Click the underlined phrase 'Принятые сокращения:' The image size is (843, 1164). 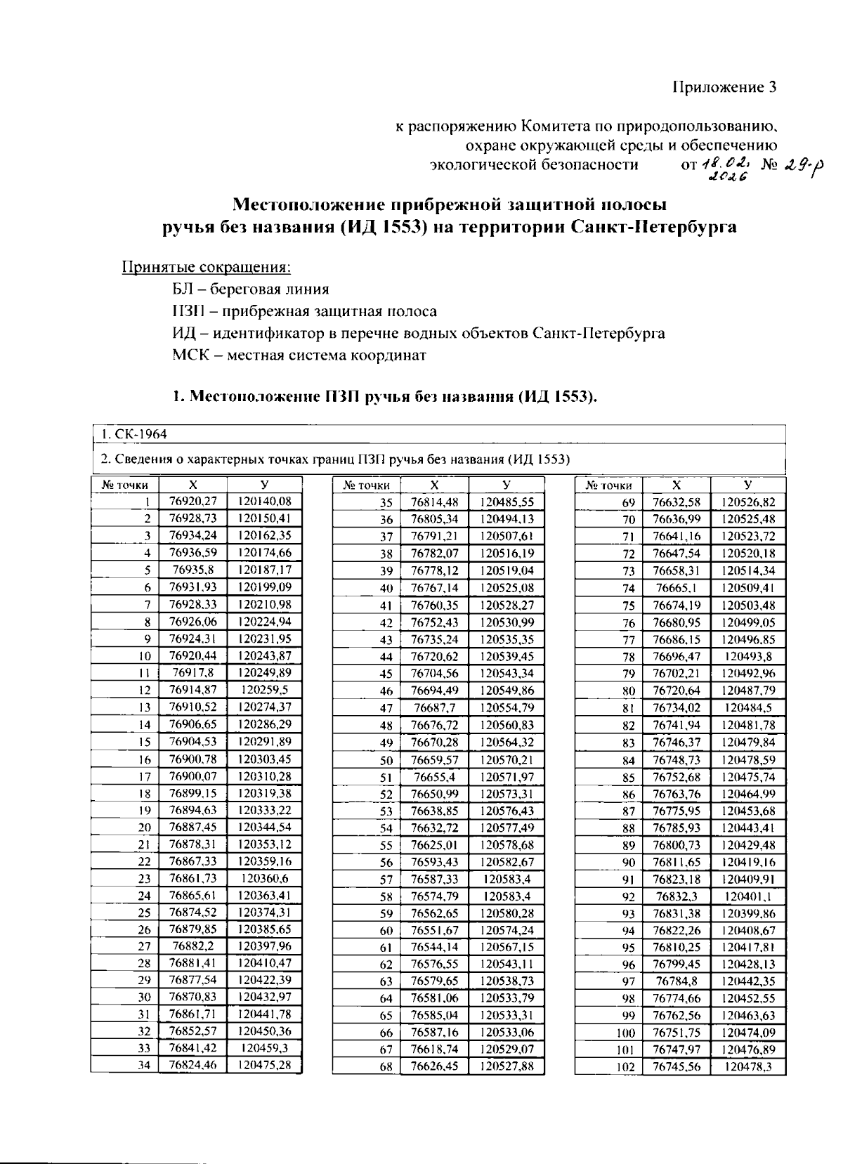click(207, 267)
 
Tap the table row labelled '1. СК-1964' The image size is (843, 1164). click(133, 434)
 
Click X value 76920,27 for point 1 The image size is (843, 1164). click(193, 502)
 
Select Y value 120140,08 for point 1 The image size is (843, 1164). click(264, 502)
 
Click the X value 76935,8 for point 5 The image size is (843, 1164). click(193, 570)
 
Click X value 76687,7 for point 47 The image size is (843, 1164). click(434, 707)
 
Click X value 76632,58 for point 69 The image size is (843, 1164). click(676, 502)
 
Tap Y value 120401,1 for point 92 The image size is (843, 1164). click(747, 896)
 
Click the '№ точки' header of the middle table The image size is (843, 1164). click(366, 485)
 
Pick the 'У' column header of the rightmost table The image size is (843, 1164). click(747, 485)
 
